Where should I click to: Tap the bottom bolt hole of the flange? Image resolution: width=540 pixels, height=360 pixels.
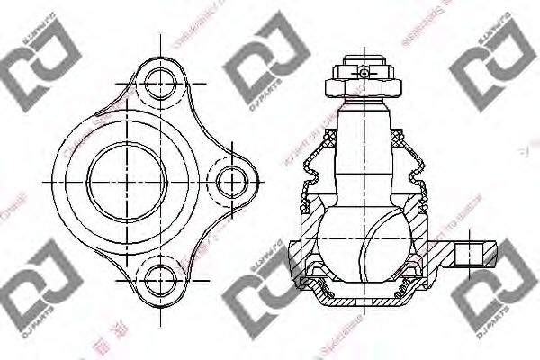(159, 276)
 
